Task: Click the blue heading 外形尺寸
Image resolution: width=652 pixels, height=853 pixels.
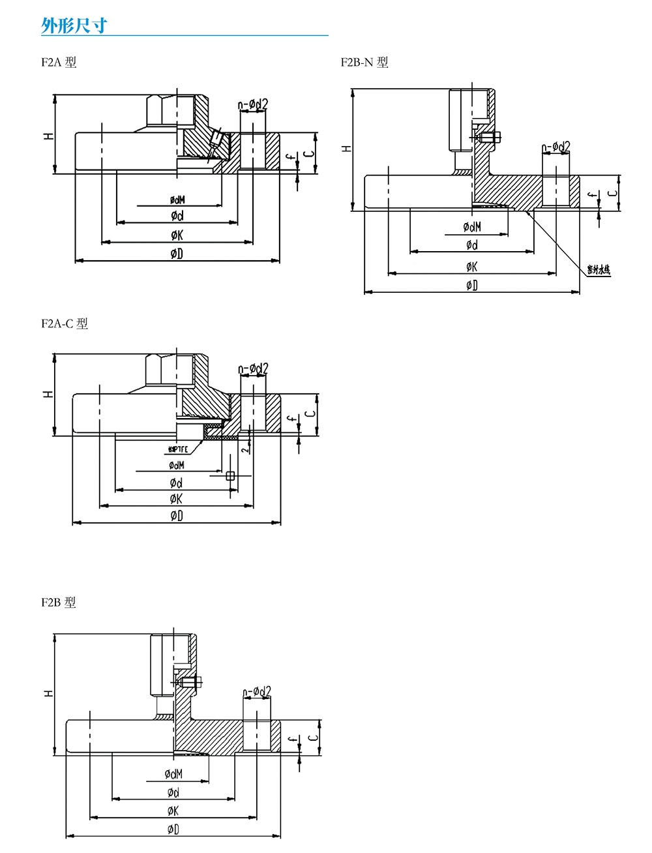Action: tap(74, 25)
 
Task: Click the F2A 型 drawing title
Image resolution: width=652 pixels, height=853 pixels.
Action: tap(59, 63)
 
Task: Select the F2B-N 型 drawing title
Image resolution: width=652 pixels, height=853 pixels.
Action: tap(364, 63)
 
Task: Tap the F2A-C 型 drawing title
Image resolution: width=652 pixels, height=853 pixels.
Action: tap(64, 323)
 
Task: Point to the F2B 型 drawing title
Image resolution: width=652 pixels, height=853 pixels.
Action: tap(59, 603)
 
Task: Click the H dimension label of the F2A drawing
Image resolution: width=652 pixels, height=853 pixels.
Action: tap(48, 136)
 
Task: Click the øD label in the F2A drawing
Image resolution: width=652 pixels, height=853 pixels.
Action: tap(177, 254)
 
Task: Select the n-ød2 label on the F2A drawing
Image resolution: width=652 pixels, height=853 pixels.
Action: tap(253, 104)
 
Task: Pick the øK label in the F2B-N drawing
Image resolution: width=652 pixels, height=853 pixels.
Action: tap(471, 266)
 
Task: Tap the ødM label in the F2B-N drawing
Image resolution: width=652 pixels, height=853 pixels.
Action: tap(472, 227)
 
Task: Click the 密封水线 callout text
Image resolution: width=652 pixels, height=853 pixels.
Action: tap(599, 269)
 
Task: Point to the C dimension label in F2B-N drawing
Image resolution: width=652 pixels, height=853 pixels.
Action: tap(612, 193)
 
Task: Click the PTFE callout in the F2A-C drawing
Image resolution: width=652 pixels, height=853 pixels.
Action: tap(178, 449)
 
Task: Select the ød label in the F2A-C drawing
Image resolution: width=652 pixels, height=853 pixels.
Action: tap(176, 483)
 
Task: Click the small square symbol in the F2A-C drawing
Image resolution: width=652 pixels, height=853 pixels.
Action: tap(230, 476)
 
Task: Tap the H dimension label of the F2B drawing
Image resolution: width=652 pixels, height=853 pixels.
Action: tap(48, 693)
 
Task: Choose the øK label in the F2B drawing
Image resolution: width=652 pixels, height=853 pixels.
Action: tap(173, 811)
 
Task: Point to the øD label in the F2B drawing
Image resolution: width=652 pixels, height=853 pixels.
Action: tap(173, 830)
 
